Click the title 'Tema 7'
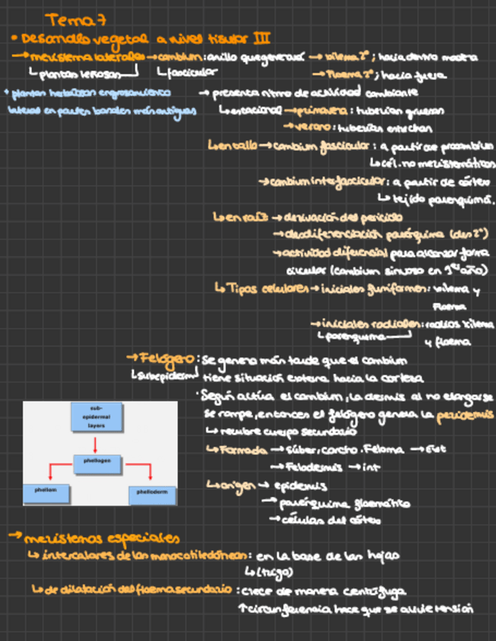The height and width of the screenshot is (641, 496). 67,18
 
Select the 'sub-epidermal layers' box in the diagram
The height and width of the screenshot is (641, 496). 95,416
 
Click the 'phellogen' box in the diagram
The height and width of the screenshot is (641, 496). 95,459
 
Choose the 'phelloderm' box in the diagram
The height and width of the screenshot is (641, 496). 151,493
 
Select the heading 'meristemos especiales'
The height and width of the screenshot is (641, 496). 101,538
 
